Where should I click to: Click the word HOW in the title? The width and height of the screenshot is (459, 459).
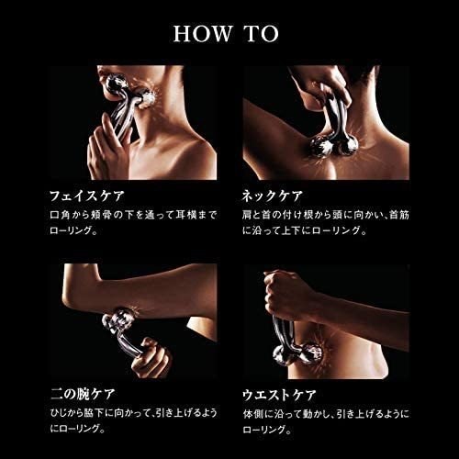point(203,34)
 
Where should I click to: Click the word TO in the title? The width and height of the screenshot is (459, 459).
point(263,34)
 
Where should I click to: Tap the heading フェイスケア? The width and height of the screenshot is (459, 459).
point(87,196)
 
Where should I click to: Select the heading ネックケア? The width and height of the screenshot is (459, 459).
point(272,196)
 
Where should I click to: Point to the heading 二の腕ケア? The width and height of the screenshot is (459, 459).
point(83,394)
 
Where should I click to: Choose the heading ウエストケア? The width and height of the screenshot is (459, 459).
point(279,395)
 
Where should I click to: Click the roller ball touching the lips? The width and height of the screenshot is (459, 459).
point(115,84)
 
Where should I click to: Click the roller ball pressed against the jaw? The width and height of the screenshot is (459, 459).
point(148,99)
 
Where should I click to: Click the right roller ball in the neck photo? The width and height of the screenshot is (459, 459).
point(347,146)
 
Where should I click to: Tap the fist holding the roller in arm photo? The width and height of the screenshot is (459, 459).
point(151,358)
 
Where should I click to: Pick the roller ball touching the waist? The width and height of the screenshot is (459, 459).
point(310,355)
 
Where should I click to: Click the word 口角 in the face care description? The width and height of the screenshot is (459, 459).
point(61,215)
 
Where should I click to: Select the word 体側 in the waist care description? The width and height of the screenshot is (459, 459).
point(253,414)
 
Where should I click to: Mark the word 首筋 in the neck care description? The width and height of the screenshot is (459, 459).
point(399,215)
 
